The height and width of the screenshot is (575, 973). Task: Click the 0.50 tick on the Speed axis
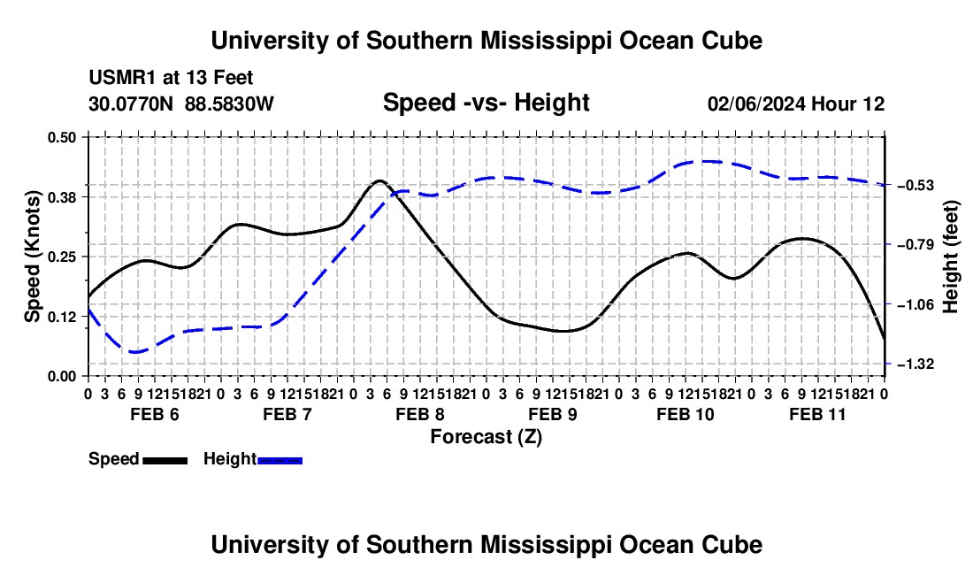tap(61, 137)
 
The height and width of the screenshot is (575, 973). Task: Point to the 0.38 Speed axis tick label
tap(61, 197)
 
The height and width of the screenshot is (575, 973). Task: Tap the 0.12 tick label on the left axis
tap(61, 317)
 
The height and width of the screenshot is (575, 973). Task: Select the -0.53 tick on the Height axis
tap(916, 186)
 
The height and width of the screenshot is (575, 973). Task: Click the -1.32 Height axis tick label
tap(916, 364)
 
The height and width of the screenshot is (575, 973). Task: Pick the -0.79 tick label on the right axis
tap(916, 244)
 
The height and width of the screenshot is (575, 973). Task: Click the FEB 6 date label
tap(155, 414)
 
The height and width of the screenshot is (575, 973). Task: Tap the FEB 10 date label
tap(685, 414)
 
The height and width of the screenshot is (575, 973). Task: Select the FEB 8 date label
tap(420, 414)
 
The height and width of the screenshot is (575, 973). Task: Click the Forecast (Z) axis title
tap(486, 437)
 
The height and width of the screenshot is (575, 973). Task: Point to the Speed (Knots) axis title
tap(32, 257)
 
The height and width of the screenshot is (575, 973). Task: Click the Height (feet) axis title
tap(951, 257)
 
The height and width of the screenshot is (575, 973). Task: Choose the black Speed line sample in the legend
tap(165, 461)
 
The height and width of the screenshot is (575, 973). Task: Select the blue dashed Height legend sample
tap(280, 461)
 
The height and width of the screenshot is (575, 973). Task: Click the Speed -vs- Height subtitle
tap(486, 103)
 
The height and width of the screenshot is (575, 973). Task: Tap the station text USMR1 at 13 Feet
tap(171, 78)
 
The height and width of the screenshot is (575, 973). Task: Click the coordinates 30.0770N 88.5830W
tap(180, 103)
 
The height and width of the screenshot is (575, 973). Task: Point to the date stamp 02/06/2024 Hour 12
tap(796, 103)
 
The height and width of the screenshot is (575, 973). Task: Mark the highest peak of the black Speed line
tap(379, 181)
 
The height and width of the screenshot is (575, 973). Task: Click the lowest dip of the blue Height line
tap(136, 352)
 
